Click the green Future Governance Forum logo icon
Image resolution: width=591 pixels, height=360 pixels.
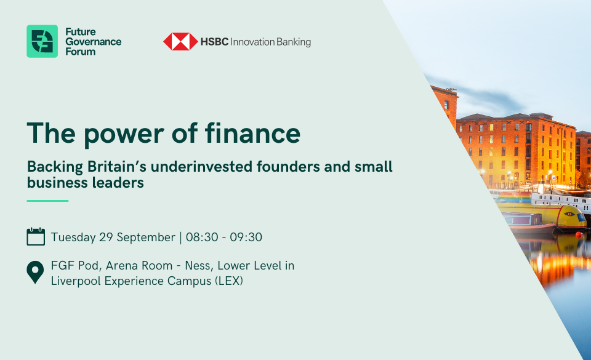[x=42, y=41]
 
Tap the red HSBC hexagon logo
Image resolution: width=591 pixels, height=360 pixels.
[x=180, y=41]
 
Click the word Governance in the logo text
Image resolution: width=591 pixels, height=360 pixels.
[x=94, y=42]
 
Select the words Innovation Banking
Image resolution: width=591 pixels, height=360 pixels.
[x=271, y=42]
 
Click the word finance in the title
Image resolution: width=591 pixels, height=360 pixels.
[x=252, y=133]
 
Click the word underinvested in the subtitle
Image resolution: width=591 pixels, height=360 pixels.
[x=202, y=166]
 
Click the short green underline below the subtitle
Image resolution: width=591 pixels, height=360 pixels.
[x=47, y=201]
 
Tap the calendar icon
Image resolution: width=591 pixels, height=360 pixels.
[x=36, y=236]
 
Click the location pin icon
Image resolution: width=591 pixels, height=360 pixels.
[x=35, y=272]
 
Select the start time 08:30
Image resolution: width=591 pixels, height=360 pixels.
[x=202, y=238]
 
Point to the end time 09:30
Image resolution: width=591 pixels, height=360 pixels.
[x=246, y=238]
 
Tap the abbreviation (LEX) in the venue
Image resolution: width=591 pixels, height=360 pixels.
[x=229, y=281]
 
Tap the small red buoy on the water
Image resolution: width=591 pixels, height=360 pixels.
[x=579, y=234]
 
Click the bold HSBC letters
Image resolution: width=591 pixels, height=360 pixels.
[x=214, y=42]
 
